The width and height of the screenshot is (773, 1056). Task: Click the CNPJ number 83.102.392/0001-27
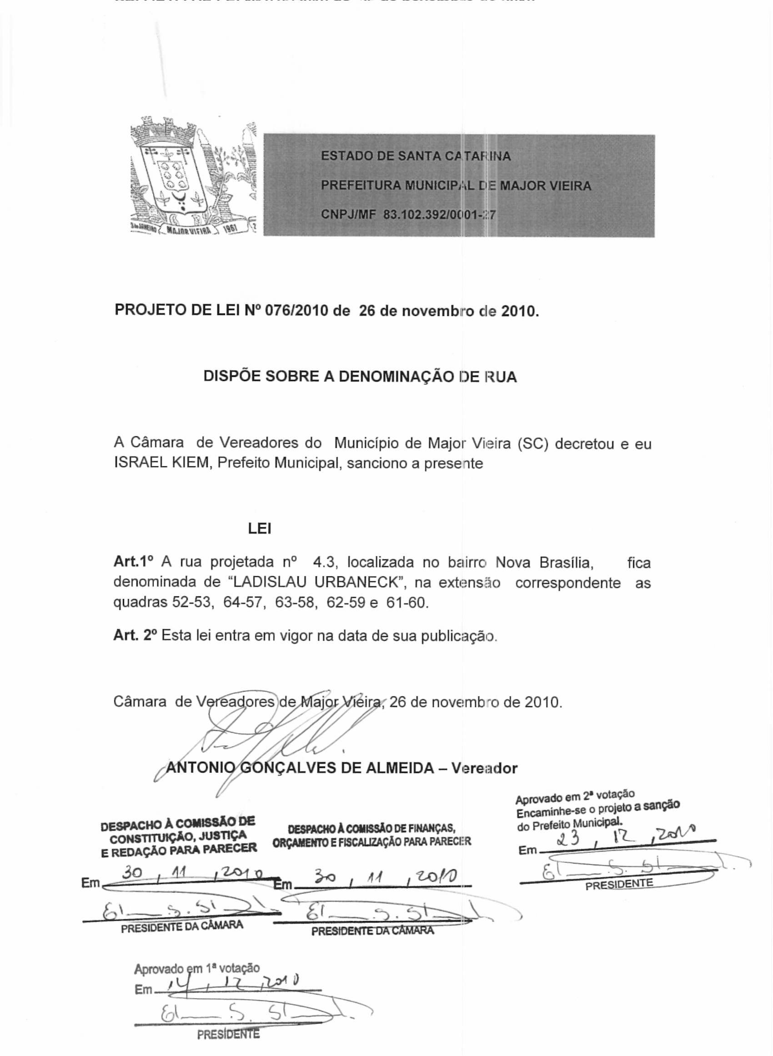tap(439, 215)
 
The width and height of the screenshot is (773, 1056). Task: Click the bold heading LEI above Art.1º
tap(260, 529)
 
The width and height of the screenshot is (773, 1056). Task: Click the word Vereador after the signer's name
tap(484, 768)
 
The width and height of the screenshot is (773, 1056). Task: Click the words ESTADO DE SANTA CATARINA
tap(416, 156)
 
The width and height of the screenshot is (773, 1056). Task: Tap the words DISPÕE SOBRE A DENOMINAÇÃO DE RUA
tap(360, 377)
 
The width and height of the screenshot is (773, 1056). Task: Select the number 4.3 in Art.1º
tap(322, 562)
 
